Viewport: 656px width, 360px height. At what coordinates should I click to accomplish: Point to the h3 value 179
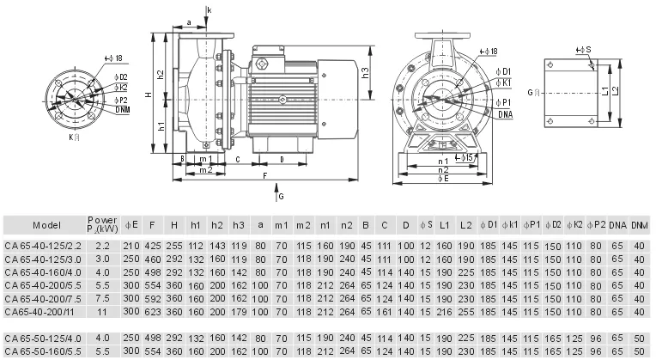[x=239, y=310]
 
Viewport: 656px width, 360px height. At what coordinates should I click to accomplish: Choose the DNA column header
[x=617, y=225]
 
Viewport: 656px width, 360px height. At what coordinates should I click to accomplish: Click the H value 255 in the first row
[x=174, y=246]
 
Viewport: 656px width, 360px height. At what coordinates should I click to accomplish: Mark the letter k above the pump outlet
[x=208, y=10]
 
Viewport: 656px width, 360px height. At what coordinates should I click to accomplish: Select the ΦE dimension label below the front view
[x=443, y=180]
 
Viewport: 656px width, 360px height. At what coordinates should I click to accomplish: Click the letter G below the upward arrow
[x=279, y=198]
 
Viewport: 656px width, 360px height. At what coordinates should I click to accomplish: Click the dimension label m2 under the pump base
[x=205, y=169]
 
